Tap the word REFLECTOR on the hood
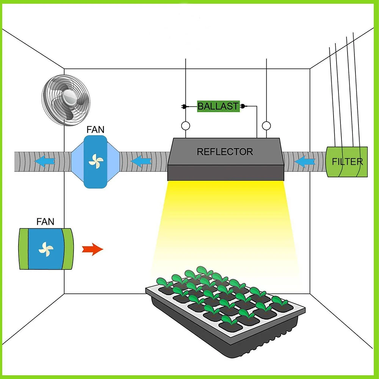point(225,152)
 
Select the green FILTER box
point(347,162)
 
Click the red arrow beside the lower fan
point(92,249)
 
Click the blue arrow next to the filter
point(305,162)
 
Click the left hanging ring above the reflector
point(186,126)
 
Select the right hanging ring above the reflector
point(267,126)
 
